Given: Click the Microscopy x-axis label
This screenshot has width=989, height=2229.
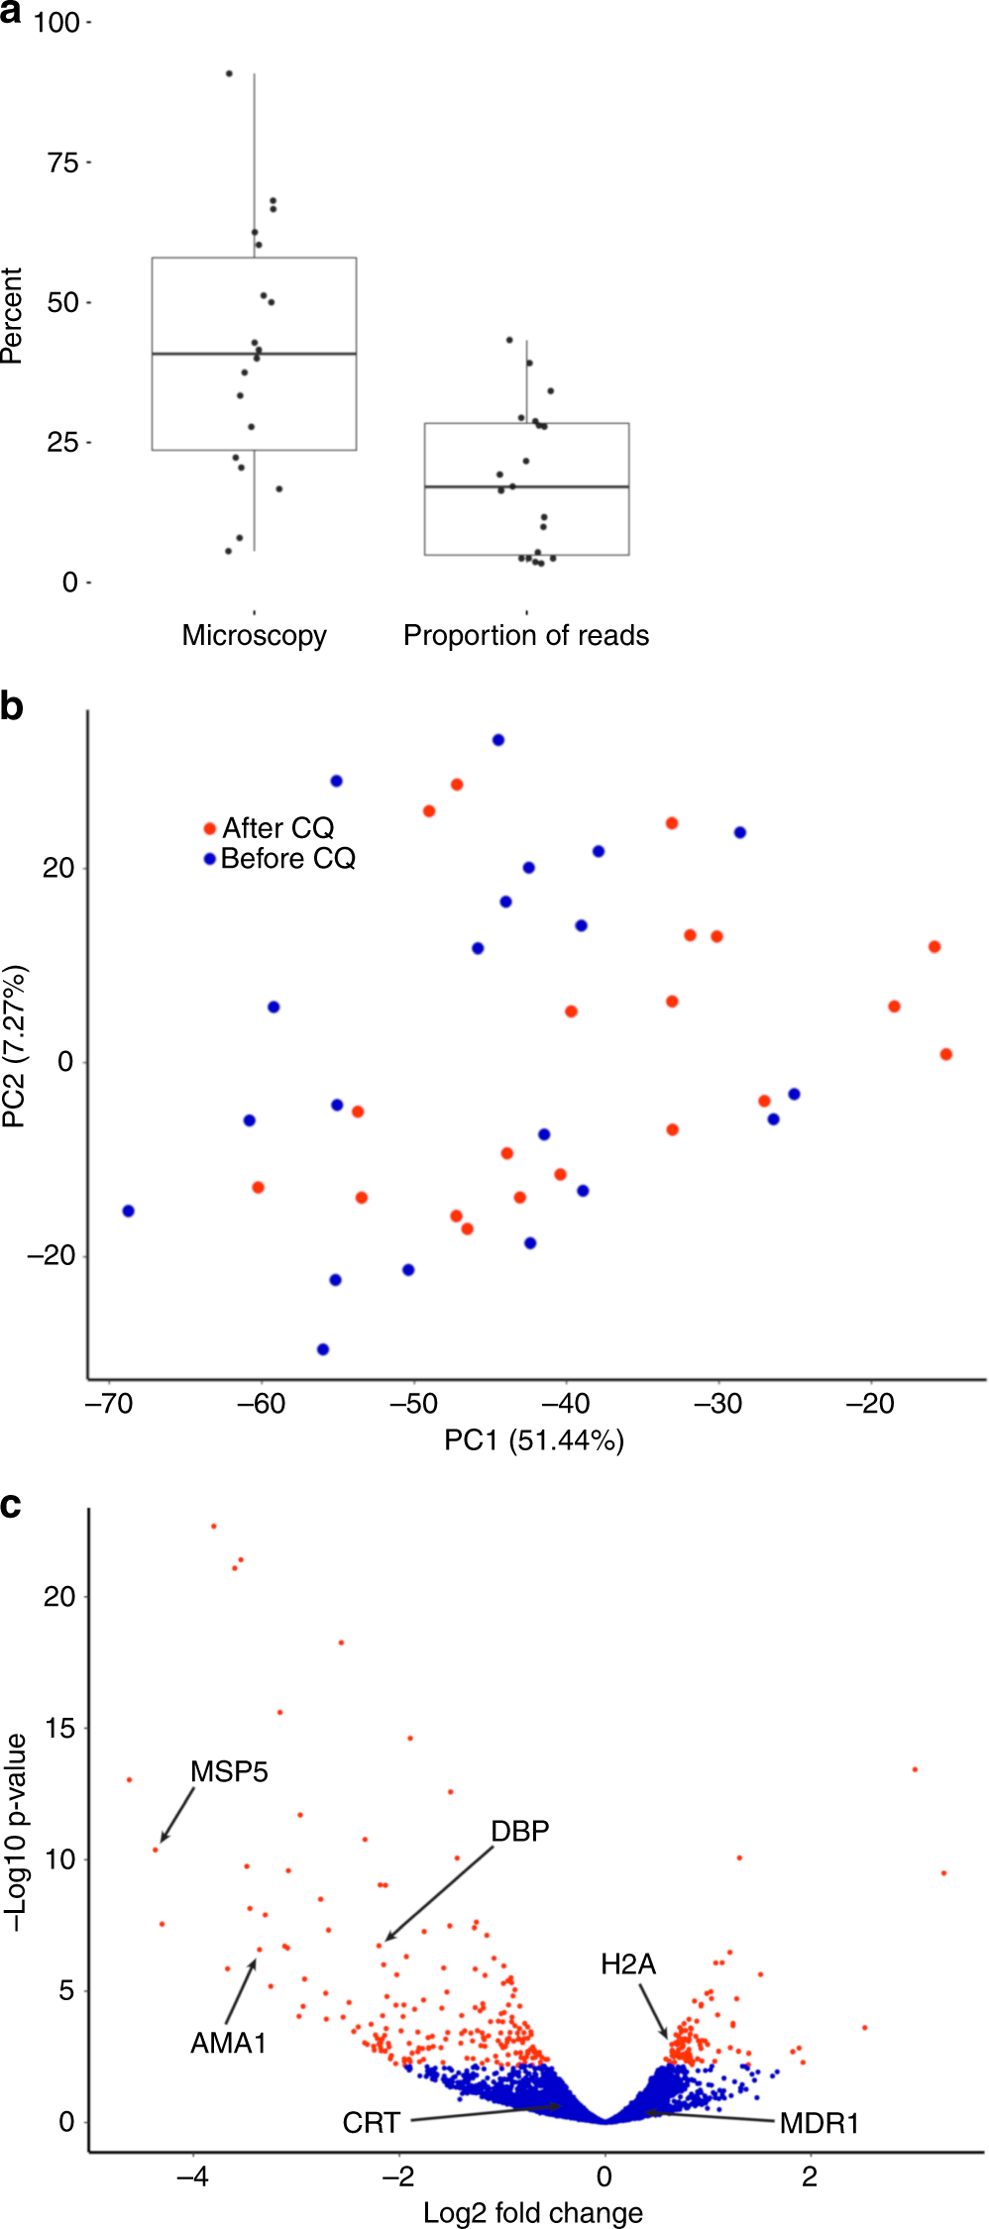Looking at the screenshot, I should point(254,635).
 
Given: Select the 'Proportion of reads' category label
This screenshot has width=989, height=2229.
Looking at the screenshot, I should point(525,635).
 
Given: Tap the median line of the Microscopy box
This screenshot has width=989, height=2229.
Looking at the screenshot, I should point(254,354).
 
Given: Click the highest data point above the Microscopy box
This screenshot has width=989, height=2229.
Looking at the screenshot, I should point(229,73).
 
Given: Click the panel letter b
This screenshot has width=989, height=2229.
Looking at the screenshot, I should point(12,707).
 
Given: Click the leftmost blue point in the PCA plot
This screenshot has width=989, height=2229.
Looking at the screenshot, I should point(128,1211).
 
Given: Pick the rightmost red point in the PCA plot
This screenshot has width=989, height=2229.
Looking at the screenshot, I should point(945,1054).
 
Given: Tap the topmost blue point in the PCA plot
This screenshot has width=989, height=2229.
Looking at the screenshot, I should point(498,740).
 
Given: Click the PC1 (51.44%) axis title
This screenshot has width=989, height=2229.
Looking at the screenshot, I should point(533,1439).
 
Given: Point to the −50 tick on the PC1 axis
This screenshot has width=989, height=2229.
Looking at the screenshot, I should point(414,1404).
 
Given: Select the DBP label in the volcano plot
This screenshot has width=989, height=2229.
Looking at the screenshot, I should point(519,1831).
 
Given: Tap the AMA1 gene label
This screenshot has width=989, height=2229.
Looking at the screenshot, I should point(228,2043).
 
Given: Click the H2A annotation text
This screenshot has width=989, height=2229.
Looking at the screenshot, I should point(628,1964).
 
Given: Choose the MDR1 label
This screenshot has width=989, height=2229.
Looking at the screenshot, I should point(819,2123).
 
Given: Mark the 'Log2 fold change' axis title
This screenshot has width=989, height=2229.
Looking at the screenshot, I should point(533,2212).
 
